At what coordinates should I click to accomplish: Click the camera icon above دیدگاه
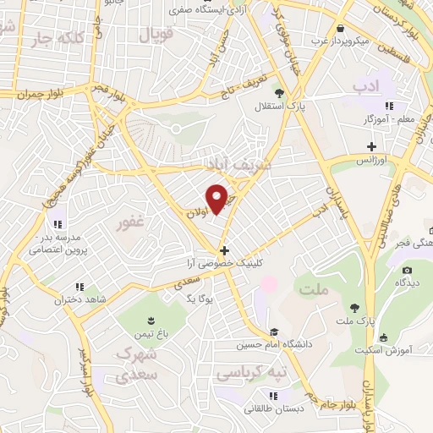(x=407, y=271)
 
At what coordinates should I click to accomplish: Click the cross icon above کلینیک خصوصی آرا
(x=223, y=250)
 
